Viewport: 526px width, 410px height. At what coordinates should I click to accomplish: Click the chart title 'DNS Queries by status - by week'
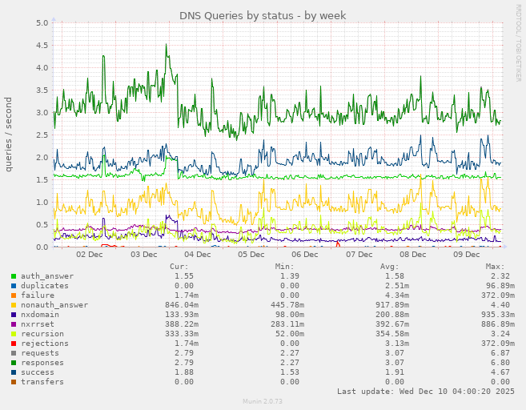tap(263, 15)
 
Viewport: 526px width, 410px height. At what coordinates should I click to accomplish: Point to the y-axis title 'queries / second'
tap(9, 134)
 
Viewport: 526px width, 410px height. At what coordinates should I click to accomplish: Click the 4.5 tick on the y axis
tap(42, 45)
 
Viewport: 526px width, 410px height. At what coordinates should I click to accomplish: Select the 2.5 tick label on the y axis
tap(42, 135)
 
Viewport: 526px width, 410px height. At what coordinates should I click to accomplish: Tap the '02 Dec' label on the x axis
tap(89, 255)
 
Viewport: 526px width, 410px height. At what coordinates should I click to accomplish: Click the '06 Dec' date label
tap(305, 255)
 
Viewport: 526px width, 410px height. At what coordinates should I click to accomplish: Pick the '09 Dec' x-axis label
tap(467, 255)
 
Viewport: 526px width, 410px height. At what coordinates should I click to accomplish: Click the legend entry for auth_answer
tap(46, 276)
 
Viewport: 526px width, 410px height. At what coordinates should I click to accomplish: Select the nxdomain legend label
tap(40, 315)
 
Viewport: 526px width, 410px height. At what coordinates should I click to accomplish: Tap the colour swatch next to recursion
tap(14, 334)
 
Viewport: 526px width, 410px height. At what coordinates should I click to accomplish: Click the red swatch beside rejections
tap(14, 344)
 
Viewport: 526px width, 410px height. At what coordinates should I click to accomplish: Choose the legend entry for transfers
tap(42, 382)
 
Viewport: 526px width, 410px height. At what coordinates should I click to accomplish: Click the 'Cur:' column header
tap(179, 267)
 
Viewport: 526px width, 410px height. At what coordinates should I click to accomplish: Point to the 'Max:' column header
tap(495, 267)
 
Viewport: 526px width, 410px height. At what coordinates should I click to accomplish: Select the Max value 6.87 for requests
tap(496, 353)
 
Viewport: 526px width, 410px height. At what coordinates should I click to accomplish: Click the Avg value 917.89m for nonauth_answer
tap(391, 305)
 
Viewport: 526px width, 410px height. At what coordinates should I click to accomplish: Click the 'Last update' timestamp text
tap(426, 392)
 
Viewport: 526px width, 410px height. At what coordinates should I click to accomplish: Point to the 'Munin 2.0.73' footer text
tap(263, 401)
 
